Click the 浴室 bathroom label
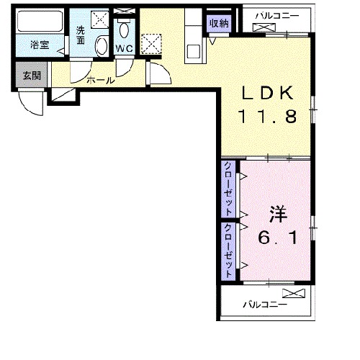[x=40, y=45]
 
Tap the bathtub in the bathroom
[x=40, y=21]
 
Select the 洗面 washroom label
[x=81, y=35]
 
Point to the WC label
[x=124, y=49]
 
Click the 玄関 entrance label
[x=32, y=76]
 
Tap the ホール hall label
[x=101, y=81]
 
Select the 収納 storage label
[x=219, y=24]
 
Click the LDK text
[x=268, y=93]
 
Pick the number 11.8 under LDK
[x=268, y=117]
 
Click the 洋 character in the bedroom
[x=279, y=214]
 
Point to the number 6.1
[x=278, y=238]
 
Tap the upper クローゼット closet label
[x=228, y=189]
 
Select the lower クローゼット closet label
[x=228, y=251]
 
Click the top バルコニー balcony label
[x=277, y=17]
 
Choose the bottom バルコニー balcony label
[x=265, y=305]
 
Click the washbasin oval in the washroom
[x=102, y=47]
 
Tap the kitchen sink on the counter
[x=194, y=51]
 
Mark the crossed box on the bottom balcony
[x=294, y=293]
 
